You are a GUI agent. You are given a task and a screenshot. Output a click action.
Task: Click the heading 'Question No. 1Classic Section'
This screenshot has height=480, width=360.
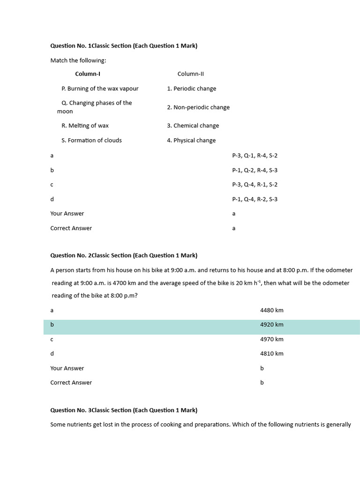124,46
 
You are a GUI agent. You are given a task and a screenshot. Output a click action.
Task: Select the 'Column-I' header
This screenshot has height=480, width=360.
88,74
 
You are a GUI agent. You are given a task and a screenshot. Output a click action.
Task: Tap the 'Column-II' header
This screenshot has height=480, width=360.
191,74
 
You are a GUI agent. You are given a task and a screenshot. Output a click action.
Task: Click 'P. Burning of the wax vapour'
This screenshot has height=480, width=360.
100,89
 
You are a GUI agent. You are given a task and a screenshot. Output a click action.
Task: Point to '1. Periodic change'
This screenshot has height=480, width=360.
192,89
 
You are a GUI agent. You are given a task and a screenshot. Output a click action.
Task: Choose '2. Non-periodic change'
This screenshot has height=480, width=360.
198,107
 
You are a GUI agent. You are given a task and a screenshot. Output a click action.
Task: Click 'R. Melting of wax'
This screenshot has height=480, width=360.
85,126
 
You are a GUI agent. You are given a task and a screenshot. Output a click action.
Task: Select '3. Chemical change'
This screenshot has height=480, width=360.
193,126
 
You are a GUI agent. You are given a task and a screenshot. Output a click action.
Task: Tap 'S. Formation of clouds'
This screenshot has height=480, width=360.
91,140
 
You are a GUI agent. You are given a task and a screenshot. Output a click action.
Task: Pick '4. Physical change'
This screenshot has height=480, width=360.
191,140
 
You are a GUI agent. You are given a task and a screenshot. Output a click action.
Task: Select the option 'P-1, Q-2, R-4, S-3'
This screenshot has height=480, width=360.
255,170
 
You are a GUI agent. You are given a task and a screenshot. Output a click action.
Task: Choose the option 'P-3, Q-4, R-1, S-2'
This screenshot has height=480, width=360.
255,185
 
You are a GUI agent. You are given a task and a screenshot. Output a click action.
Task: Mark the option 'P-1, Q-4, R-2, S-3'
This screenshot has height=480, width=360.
255,199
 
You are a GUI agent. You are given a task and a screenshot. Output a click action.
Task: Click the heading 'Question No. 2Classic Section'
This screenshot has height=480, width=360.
124,255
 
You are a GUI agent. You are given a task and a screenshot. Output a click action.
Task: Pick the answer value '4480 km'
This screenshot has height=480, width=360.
272,310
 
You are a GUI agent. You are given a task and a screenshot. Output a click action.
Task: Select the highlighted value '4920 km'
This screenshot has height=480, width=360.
272,325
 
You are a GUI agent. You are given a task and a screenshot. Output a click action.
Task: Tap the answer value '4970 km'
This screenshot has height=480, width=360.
272,339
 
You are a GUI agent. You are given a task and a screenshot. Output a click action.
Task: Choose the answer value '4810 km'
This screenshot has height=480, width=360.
272,354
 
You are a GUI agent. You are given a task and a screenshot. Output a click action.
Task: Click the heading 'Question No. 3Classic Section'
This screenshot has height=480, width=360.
124,410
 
